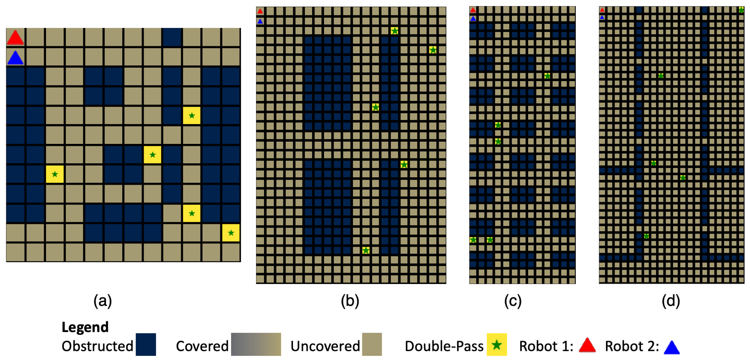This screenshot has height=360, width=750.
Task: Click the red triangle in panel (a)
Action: click(x=15, y=38)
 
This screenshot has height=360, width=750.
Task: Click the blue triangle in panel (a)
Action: click(x=15, y=58)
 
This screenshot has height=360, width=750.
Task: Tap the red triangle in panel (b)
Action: click(x=260, y=11)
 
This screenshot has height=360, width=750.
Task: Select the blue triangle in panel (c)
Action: click(x=473, y=19)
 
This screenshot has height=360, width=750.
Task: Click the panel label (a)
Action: click(x=102, y=301)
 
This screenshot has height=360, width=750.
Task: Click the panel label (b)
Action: click(x=350, y=301)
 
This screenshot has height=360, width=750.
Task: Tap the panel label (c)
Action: click(x=513, y=301)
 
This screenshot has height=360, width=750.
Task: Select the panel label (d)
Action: click(x=671, y=301)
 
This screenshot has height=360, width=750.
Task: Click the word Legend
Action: click(x=85, y=327)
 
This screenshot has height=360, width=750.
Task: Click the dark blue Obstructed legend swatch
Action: click(x=146, y=345)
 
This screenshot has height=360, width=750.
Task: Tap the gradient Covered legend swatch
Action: click(x=256, y=345)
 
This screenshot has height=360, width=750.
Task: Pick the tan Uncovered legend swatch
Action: click(x=372, y=345)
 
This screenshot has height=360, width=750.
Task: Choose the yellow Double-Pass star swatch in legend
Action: click(x=497, y=345)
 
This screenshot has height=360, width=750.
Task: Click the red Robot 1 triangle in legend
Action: click(x=587, y=346)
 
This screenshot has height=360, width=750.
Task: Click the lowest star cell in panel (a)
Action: click(x=231, y=233)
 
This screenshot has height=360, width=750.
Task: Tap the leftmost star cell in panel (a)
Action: click(x=55, y=174)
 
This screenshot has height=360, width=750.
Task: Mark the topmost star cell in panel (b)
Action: click(x=395, y=31)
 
